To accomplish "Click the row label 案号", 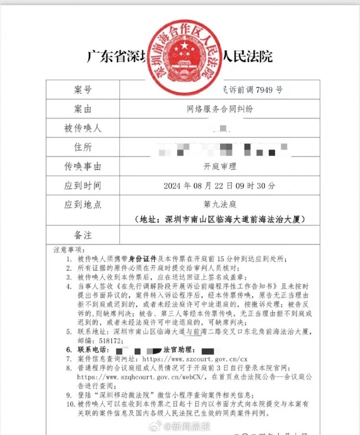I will (82, 90).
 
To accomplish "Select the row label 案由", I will (82, 109).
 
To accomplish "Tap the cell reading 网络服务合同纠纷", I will (220, 109).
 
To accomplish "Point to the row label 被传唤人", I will (82, 128).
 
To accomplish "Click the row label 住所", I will (82, 148).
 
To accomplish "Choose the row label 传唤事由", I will (82, 167).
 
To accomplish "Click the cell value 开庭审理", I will (220, 167).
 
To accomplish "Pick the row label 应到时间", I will (82, 185).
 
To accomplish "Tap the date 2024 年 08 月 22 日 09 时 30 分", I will (219, 186).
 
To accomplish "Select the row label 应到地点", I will (82, 205).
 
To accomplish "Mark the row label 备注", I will (82, 234).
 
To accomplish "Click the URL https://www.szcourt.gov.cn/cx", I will (193, 359).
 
